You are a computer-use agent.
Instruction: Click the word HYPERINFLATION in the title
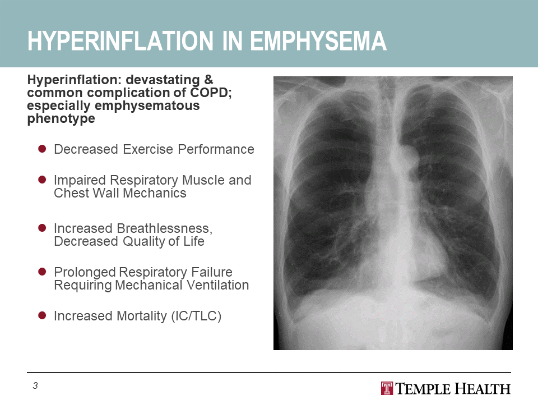[x=120, y=41]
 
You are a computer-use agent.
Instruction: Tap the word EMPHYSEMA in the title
[x=318, y=41]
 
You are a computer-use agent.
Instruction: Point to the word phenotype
[x=61, y=119]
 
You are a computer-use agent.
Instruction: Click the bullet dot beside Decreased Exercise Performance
[x=42, y=149]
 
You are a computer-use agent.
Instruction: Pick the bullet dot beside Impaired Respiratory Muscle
[x=42, y=180]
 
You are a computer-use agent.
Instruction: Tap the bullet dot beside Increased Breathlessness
[x=42, y=228]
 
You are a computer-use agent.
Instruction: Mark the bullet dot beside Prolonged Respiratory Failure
[x=42, y=272]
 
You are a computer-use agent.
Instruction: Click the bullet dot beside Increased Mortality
[x=42, y=315]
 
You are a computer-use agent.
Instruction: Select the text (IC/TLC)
[x=196, y=316]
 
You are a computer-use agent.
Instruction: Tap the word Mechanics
[x=154, y=193]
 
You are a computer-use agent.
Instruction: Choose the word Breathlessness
[x=164, y=229]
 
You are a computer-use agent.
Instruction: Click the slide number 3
[x=35, y=386]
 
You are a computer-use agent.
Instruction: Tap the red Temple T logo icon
[x=387, y=388]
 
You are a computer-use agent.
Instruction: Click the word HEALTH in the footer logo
[x=483, y=389]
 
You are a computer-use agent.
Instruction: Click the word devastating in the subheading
[x=163, y=80]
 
